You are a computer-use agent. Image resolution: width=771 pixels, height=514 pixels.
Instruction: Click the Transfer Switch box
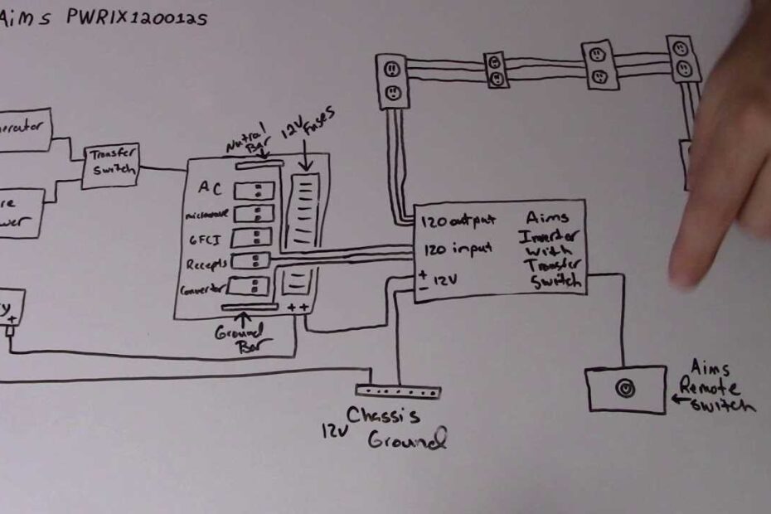tap(110, 166)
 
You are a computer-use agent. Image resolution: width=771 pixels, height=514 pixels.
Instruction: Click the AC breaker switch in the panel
tap(254, 191)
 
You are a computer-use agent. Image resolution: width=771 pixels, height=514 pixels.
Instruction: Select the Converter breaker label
tap(203, 290)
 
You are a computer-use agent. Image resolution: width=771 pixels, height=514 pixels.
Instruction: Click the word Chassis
tap(383, 416)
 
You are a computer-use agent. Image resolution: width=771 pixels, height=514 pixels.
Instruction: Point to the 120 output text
tap(458, 221)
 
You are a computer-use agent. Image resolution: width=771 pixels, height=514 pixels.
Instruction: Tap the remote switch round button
tap(626, 389)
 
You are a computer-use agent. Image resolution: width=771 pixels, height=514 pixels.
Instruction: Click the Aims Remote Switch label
tap(717, 385)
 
